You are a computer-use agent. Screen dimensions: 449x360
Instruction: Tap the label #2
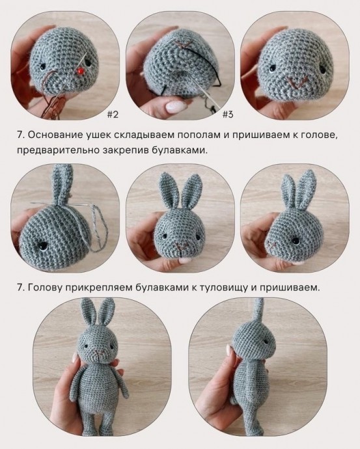coord(112,115)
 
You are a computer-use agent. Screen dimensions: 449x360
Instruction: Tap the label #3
coord(228,115)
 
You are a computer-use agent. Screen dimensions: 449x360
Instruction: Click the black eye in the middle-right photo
coord(294,241)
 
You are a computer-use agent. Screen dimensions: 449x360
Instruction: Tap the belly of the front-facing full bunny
coord(98,387)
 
